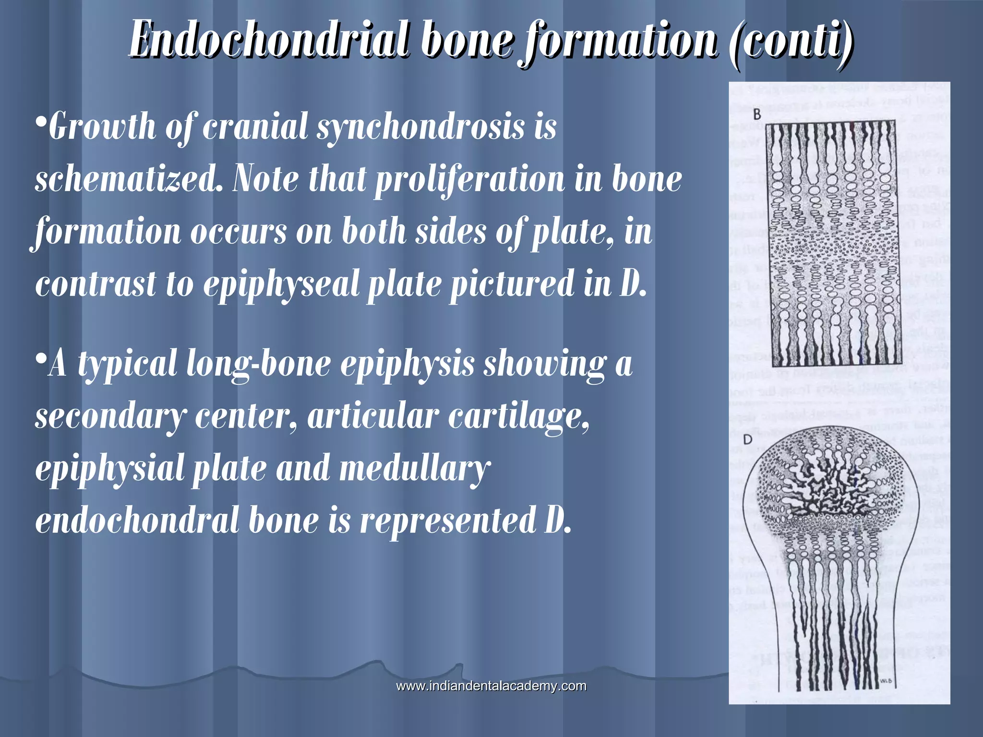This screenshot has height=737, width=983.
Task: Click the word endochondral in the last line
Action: (137, 521)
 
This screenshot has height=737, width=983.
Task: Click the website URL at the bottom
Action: (491, 686)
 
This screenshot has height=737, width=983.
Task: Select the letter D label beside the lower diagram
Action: (747, 440)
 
